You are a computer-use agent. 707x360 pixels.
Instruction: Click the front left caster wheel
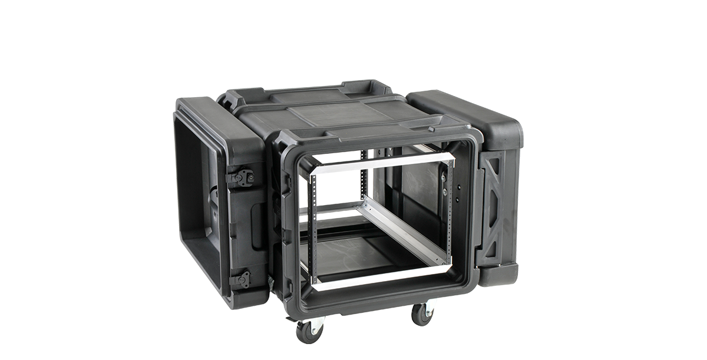[x=309, y=331]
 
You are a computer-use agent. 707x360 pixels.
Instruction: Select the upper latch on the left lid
[x=242, y=177]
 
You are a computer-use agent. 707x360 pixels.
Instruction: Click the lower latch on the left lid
[x=241, y=279]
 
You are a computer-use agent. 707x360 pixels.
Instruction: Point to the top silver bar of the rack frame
[x=383, y=161]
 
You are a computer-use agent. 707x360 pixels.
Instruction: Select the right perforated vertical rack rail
[x=451, y=212]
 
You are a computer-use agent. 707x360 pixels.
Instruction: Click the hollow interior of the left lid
[x=197, y=200]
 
